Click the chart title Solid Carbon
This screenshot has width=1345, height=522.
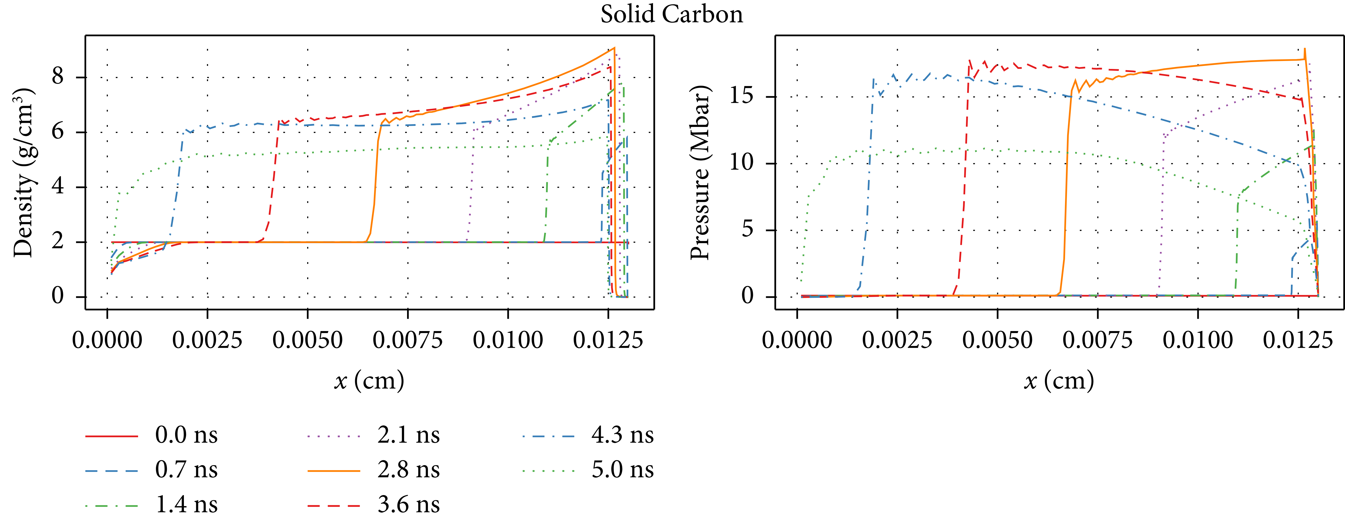(x=671, y=14)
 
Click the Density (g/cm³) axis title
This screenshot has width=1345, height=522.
(x=24, y=173)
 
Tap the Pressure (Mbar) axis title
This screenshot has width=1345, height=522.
(x=700, y=173)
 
